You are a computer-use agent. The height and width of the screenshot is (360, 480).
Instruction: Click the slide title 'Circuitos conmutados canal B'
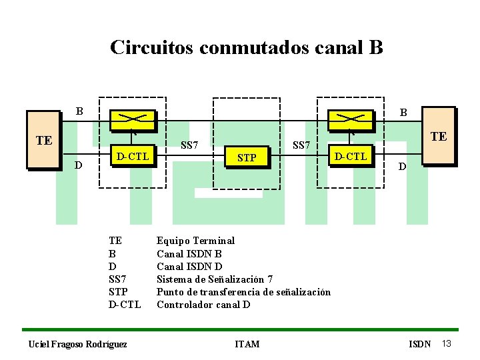tap(246, 48)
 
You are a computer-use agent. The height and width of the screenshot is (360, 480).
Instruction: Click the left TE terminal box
tap(44, 140)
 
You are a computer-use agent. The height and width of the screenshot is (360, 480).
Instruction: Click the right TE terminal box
tap(438, 135)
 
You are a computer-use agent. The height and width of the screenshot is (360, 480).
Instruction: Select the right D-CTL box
tap(350, 157)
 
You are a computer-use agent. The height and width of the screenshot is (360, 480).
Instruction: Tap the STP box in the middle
tap(247, 158)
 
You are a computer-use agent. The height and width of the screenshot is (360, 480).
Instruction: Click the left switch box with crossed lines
tap(132, 119)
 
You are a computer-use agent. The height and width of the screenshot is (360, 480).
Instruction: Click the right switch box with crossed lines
tap(351, 119)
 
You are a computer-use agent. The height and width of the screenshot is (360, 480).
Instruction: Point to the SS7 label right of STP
tap(301, 145)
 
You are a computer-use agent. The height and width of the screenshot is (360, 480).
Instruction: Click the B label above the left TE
tap(79, 111)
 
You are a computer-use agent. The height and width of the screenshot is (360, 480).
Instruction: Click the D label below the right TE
tap(401, 166)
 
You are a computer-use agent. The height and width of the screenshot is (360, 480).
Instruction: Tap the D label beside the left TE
tap(79, 164)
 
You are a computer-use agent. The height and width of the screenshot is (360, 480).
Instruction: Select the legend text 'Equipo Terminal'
tap(195, 241)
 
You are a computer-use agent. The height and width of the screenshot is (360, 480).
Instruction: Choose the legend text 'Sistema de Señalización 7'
tap(214, 279)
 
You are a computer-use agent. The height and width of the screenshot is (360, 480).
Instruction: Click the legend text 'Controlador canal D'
tap(203, 305)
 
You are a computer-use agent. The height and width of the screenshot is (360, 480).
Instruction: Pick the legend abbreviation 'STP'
tap(118, 292)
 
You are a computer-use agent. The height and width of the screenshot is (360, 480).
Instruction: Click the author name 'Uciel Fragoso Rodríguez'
tap(78, 344)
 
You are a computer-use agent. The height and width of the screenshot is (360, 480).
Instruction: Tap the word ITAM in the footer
tap(247, 344)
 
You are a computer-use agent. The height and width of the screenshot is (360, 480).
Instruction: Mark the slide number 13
tap(447, 343)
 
